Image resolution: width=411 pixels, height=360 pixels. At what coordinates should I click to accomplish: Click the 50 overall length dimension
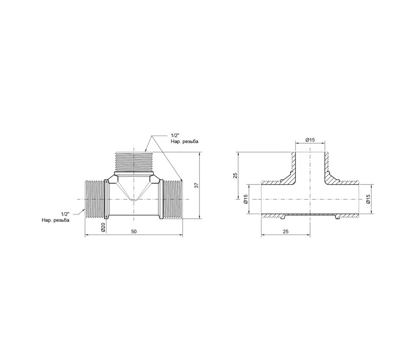(x=134, y=231)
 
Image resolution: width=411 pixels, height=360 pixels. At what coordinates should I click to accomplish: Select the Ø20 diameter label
(x=103, y=227)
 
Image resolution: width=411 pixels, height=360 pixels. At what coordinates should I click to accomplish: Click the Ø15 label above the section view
(x=310, y=140)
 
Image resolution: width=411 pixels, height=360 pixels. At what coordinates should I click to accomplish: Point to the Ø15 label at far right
(x=368, y=199)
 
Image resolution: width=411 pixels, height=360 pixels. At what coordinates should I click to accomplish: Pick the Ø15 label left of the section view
(x=246, y=199)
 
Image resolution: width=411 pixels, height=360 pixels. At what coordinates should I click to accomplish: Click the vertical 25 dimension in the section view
(x=235, y=175)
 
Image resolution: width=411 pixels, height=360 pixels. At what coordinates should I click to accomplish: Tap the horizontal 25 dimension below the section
(x=286, y=231)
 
